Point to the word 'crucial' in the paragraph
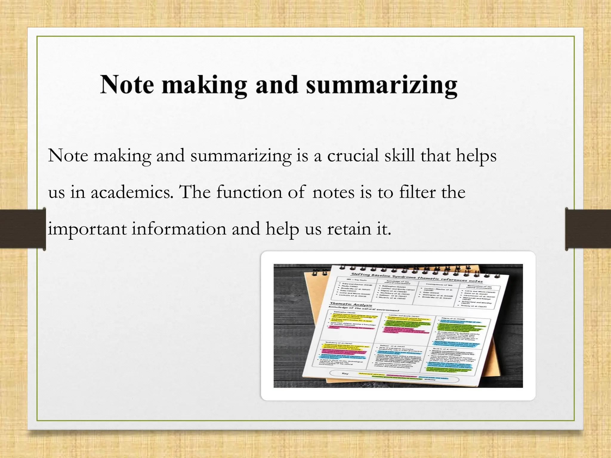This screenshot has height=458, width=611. click(353, 156)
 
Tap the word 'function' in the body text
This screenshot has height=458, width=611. click(249, 192)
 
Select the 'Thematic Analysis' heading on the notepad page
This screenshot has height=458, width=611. click(351, 305)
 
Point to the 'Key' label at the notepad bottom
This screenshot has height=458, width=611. click(345, 373)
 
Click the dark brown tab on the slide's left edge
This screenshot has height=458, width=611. click(23, 229)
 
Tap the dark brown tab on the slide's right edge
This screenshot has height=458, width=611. click(588, 229)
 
